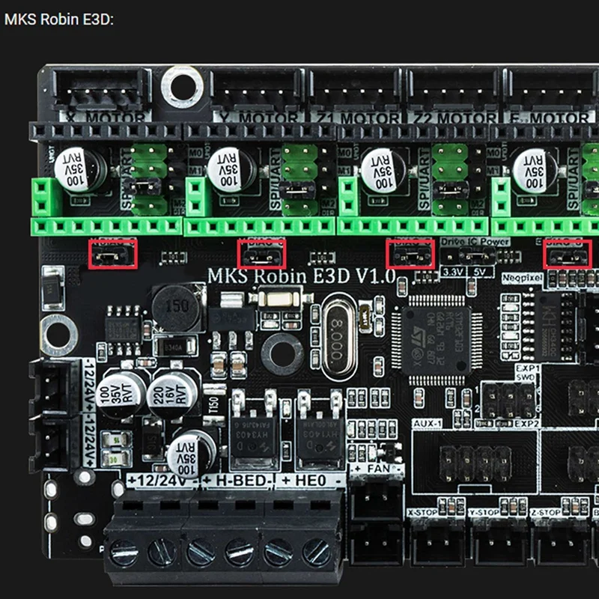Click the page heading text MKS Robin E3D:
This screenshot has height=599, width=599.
pos(59,19)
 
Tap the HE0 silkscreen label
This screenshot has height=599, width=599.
pos(309,480)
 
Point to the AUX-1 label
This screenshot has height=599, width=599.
pos(428,424)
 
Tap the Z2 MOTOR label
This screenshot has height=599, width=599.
pos(466,118)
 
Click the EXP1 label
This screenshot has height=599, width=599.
pos(527,369)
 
